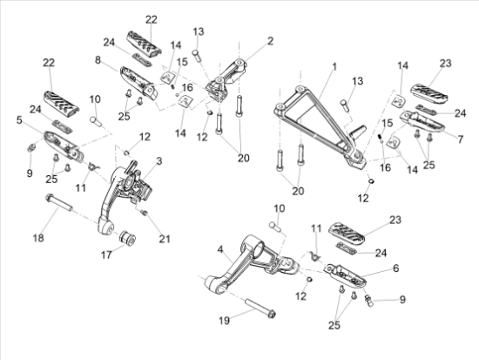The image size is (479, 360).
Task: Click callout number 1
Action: pos(332,66)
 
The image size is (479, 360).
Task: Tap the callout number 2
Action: pos(269,41)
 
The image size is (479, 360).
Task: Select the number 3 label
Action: pos(159,161)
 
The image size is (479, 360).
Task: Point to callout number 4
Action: pos(220,249)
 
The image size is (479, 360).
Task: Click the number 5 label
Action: pos(18,120)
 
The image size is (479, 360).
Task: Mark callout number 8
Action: pos(98,60)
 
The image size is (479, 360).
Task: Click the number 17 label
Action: pos(107,255)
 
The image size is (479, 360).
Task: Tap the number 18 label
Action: pos(37,237)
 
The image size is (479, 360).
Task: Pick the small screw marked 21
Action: pos(145,212)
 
